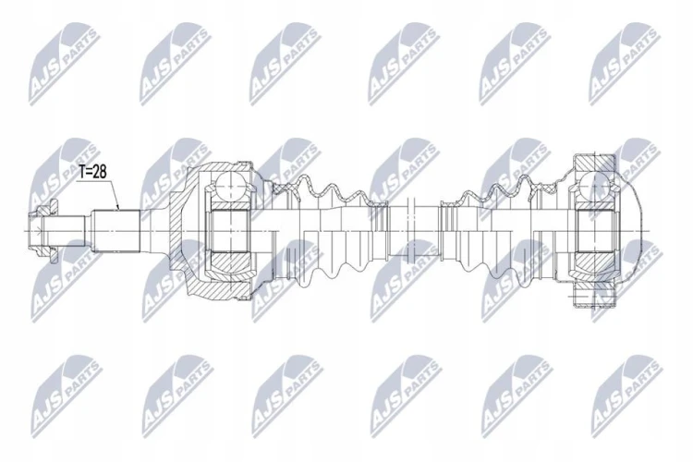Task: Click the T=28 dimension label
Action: tap(93, 172)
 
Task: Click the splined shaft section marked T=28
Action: tap(115, 231)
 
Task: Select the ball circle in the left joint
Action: tap(230, 188)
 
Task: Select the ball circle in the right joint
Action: tap(595, 187)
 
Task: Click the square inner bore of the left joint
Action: tap(230, 231)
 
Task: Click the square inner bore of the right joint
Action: tap(595, 231)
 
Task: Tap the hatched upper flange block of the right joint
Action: tap(594, 163)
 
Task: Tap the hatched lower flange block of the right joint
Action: tap(594, 298)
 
